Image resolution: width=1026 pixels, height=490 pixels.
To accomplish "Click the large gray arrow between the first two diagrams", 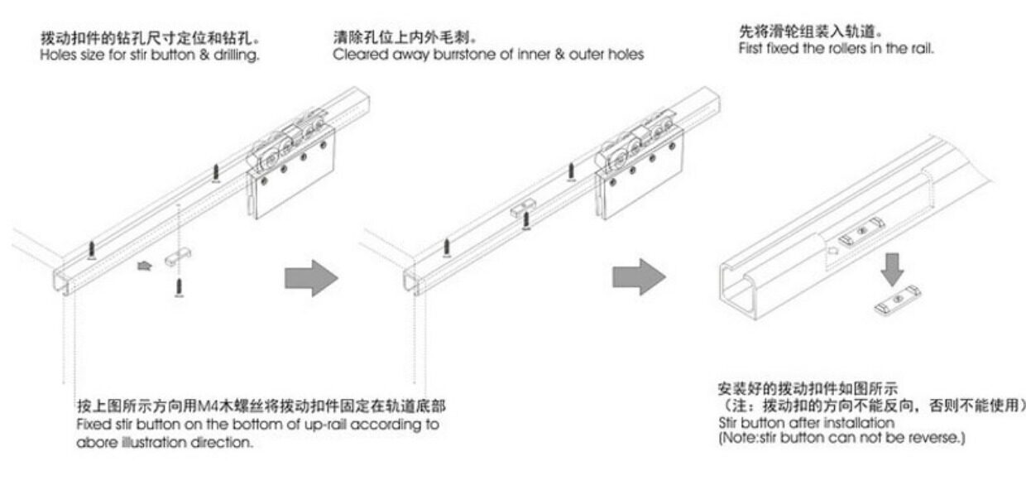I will tap(311, 279).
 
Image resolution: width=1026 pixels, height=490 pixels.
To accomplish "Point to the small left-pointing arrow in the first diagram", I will tap(144, 267).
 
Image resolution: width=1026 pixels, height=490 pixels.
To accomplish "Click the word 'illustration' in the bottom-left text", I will tap(157, 442).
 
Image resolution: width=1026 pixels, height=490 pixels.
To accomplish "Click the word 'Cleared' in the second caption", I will tap(357, 55).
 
